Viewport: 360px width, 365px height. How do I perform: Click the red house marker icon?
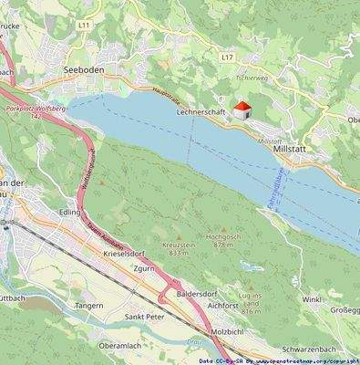pyautogui.click(x=242, y=110)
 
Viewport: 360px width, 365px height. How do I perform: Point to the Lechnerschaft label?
pyautogui.click(x=201, y=110)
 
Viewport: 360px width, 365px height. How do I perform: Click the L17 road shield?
pyautogui.click(x=228, y=57)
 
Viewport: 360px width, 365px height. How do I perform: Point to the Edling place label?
pyautogui.click(x=69, y=212)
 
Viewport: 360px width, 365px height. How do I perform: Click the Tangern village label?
pyautogui.click(x=88, y=306)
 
